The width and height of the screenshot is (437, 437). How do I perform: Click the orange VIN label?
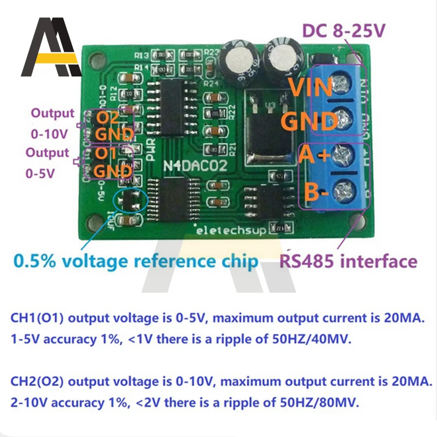pos(312,88)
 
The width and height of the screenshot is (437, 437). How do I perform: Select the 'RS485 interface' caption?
pos(348,261)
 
